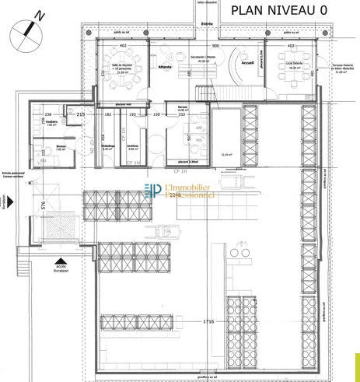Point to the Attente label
[x=164, y=67]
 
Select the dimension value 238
[x=47, y=114]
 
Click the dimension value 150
[x=156, y=114]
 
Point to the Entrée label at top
[x=205, y=23]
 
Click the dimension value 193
[x=132, y=114]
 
